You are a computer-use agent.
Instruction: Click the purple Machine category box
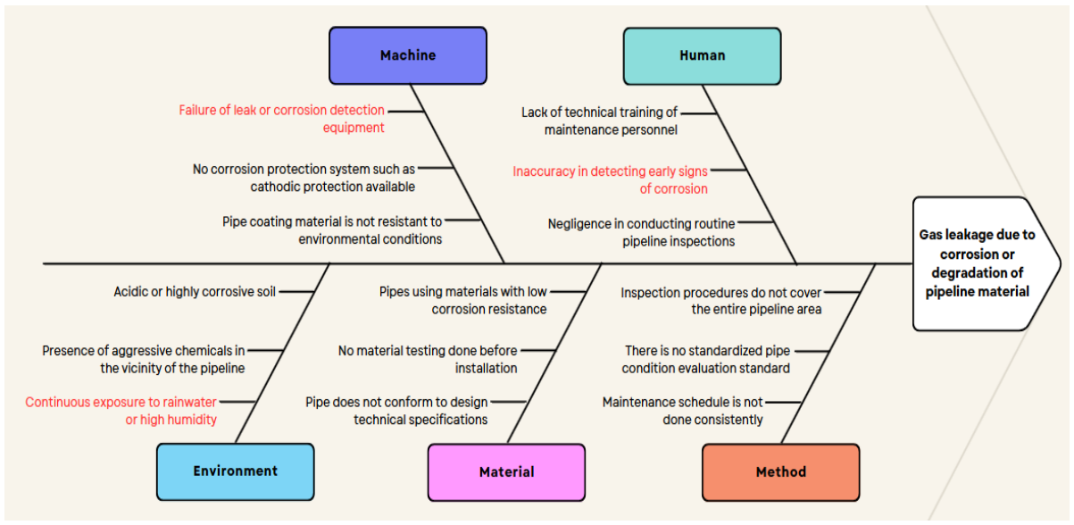coord(408,55)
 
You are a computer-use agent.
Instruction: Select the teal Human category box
coord(703,56)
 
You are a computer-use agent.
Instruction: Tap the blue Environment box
coord(236,471)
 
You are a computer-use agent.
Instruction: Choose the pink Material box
coord(507,472)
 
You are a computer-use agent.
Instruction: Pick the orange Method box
coord(781,472)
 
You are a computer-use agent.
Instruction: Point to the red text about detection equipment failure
coord(282,119)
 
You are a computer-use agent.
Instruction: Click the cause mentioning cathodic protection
coord(304,178)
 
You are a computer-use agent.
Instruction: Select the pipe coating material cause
coord(332,230)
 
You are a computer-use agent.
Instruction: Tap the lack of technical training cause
coord(599,121)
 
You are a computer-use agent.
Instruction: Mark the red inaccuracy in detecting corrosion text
coord(611,179)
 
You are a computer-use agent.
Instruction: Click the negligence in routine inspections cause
coord(642,232)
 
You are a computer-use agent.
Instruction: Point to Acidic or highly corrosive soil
coord(195,291)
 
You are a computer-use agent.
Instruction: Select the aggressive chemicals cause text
coord(144,359)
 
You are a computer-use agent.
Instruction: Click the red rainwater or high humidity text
coord(121,411)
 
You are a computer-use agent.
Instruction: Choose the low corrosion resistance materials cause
coord(463,300)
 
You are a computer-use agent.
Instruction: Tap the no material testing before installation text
coord(428,359)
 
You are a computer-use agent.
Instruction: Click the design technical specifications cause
coord(397,411)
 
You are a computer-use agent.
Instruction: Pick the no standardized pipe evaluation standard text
coord(706,359)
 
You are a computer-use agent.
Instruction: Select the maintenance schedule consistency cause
coord(683,411)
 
